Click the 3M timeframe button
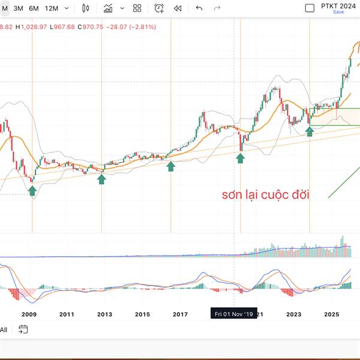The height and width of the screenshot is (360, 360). (x=19, y=8)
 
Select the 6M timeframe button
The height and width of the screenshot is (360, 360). (x=34, y=8)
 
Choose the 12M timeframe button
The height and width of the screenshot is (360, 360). (x=52, y=8)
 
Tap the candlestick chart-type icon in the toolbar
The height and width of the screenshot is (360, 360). (x=85, y=8)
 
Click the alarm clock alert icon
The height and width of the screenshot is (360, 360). (x=159, y=8)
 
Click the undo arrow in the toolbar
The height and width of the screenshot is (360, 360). (x=199, y=8)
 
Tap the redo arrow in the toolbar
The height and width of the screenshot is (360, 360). (x=217, y=8)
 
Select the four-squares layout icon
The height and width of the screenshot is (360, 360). (x=137, y=8)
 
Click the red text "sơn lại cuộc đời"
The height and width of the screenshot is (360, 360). (x=265, y=194)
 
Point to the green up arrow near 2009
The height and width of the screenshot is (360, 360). (x=32, y=190)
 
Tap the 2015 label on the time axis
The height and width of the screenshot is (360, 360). (x=142, y=314)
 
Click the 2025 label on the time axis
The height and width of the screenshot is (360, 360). (x=332, y=314)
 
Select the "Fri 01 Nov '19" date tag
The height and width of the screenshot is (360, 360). (x=233, y=314)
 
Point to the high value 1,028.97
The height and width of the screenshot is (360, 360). (x=30, y=27)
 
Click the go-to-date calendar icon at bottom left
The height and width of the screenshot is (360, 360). (x=23, y=329)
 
